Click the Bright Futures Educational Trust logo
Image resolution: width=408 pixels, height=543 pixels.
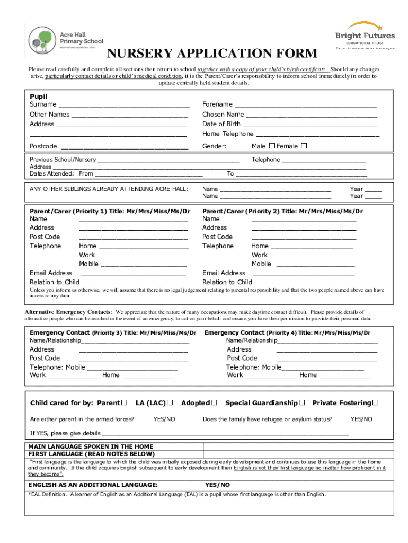coord(365,35)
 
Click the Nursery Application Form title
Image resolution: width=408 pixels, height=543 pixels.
coord(212,54)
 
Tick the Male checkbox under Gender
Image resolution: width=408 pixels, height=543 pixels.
coord(272,146)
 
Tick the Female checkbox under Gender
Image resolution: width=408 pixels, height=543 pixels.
coord(304,146)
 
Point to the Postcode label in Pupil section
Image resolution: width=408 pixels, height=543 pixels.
coord(43,146)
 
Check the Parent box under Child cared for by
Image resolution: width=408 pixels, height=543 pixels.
coord(125,403)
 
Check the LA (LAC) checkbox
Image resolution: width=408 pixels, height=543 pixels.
coord(170,403)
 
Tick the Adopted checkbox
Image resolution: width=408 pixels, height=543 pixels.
coord(214,403)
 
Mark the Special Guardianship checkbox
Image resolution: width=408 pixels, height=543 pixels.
coord(301,403)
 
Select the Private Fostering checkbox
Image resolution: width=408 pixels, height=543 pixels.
coord(375,403)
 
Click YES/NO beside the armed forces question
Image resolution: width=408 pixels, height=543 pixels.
coord(164,419)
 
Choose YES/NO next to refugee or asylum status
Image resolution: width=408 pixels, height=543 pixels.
coord(361,419)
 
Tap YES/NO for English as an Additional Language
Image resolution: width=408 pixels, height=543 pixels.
coord(217,485)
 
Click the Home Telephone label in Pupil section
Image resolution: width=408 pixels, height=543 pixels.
coord(228,134)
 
